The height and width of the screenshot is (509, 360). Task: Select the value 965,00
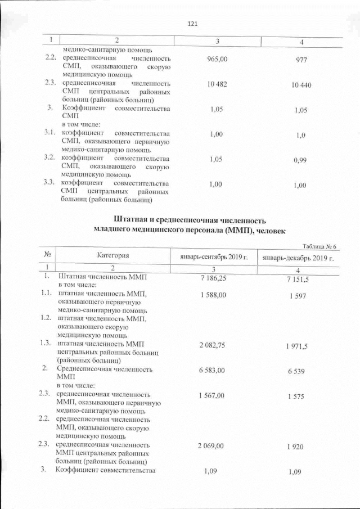click(x=218, y=59)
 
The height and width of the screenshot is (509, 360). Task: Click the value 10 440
click(x=301, y=85)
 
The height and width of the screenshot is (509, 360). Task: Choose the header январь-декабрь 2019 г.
click(x=296, y=258)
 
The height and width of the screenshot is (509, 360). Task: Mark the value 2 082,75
click(x=212, y=345)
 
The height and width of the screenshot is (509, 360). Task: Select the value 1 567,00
click(x=211, y=396)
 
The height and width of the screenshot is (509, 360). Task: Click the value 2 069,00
click(x=211, y=445)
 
